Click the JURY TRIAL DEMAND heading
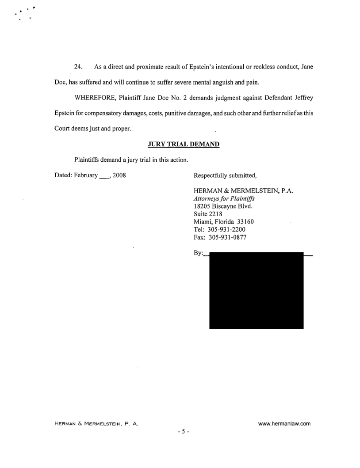point(183,144)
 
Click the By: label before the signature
point(199,254)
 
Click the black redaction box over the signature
point(256,290)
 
